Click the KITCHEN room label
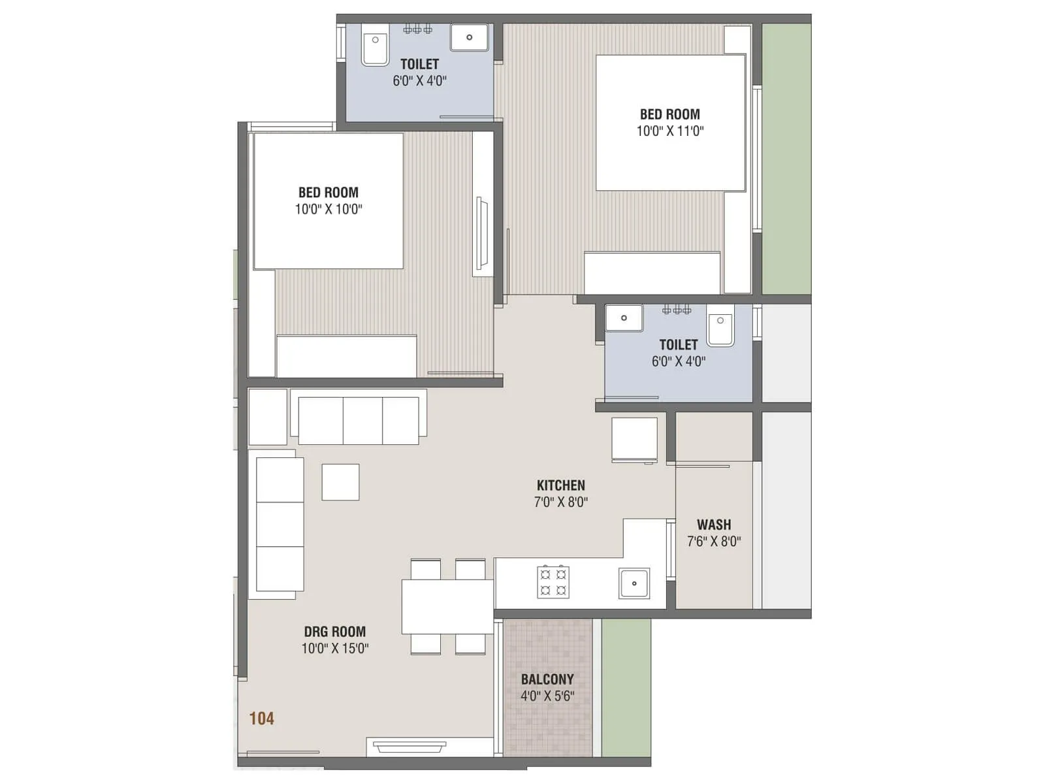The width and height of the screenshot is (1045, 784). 560,485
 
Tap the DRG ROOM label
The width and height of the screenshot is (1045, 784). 334,632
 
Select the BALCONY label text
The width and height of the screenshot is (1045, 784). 547,679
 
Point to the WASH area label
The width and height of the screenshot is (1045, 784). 714,525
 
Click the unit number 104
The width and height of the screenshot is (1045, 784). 261,719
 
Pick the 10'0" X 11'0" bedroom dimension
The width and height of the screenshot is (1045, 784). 670,131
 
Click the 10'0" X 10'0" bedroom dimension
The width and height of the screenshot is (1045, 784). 329,209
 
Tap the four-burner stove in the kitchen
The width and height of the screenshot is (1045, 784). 553,582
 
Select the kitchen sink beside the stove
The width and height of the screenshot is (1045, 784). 634,583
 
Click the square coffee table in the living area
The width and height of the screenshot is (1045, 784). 340,482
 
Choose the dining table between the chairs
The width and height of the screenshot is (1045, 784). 447,606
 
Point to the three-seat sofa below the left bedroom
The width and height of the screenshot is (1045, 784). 359,420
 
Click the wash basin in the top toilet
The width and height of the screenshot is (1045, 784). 469,37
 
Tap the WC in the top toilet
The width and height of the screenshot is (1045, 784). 376,46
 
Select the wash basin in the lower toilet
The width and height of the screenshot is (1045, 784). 624,318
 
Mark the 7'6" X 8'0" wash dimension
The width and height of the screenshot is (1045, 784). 714,542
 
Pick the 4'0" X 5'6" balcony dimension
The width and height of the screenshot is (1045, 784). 547,696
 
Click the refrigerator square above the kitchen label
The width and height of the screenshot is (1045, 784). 634,440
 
